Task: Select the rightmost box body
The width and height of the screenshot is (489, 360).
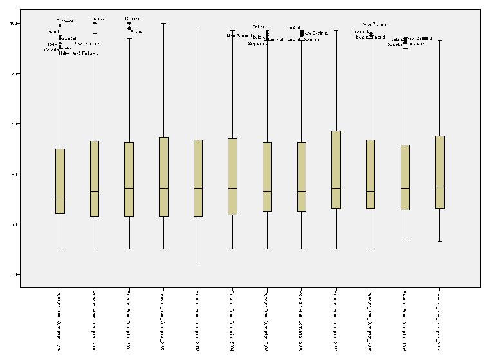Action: (440, 172)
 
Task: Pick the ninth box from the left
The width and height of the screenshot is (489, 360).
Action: (336, 170)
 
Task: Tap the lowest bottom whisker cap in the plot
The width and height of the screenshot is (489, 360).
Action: (198, 264)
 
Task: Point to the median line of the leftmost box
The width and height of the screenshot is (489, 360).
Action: (60, 199)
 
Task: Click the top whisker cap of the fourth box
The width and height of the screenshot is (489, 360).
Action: (163, 23)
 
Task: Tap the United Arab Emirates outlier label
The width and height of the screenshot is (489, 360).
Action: (78, 53)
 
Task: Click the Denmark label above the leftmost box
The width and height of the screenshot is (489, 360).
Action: (65, 21)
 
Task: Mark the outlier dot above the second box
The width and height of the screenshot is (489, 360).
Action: (95, 23)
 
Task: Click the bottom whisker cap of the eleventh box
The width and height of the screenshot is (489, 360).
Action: (405, 239)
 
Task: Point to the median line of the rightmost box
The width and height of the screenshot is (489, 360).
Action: (440, 186)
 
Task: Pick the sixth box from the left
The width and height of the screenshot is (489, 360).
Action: (233, 176)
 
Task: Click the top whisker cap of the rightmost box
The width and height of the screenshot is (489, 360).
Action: (440, 40)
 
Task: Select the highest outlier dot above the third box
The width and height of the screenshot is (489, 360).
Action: (129, 23)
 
